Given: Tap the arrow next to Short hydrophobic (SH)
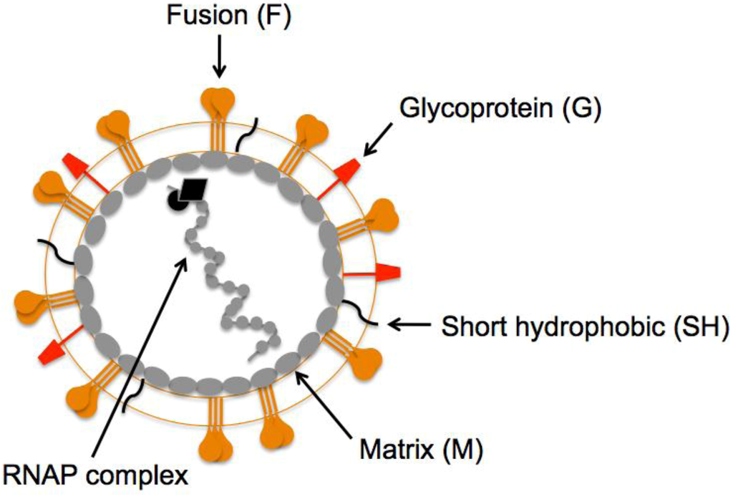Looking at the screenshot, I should [409, 326].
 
